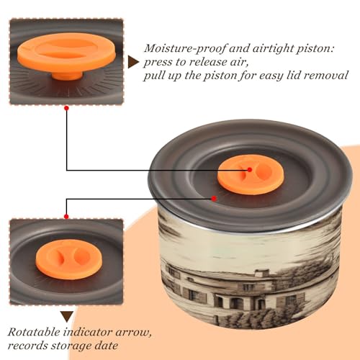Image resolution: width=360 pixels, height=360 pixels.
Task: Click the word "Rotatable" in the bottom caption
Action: coord(34,332)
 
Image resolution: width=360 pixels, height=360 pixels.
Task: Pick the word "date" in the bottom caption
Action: coord(106,346)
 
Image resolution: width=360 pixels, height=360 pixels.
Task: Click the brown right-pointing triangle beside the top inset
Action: coord(133,62)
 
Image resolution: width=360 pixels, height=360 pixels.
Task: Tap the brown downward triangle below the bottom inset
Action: coord(67,317)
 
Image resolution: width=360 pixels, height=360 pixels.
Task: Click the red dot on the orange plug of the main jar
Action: coord(250,170)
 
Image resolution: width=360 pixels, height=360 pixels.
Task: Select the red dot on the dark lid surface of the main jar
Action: coord(214,199)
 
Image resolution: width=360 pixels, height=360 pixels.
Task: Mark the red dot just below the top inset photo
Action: coord(67,108)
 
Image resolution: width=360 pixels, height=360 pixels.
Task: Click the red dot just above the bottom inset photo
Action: coord(66,217)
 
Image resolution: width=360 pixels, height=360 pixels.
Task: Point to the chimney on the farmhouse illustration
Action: coord(262,273)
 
